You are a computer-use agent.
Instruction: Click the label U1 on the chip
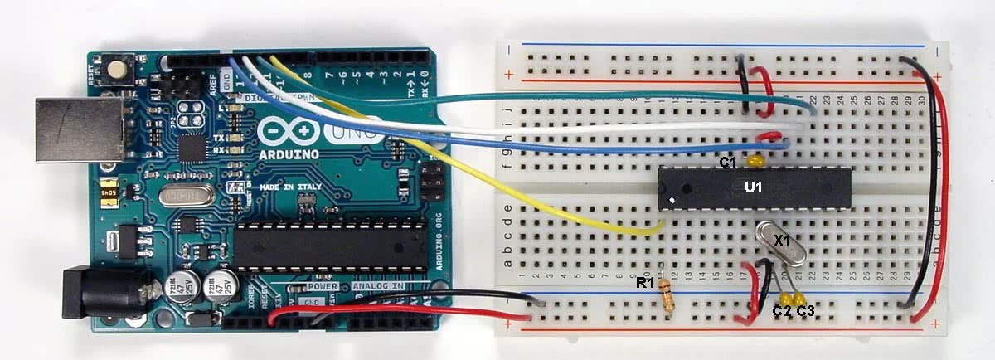753,187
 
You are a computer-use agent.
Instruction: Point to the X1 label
782,240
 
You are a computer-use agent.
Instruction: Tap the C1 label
728,163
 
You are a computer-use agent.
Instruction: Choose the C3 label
806,312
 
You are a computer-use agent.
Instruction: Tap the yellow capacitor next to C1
755,159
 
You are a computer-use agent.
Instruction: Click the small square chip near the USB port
192,148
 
